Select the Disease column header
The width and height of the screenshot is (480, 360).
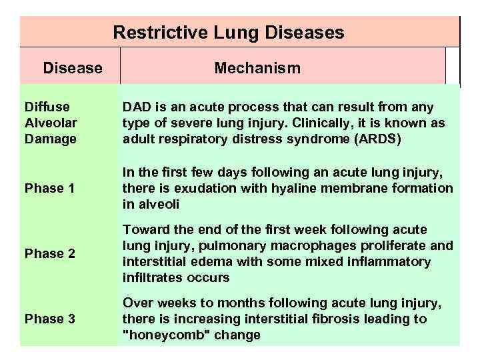(73, 68)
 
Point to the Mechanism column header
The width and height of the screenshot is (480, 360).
(257, 68)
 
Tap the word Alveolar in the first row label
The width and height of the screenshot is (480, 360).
(50, 123)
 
